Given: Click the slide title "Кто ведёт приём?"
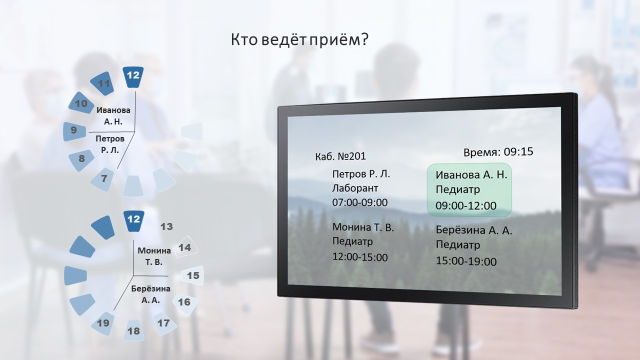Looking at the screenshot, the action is tap(299, 39).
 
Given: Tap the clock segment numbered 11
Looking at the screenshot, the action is tap(102, 83).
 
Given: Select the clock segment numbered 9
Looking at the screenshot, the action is tap(74, 131).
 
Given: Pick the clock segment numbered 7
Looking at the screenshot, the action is tap(103, 179).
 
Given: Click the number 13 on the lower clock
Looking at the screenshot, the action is tap(166, 226).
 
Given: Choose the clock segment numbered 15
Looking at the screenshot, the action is tap(192, 275).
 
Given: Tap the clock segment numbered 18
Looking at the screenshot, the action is tap(133, 330).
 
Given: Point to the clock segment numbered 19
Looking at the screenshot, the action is tap(103, 323).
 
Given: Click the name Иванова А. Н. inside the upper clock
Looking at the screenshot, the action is tap(113, 115).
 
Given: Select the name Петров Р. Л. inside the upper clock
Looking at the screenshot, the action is tap(110, 144).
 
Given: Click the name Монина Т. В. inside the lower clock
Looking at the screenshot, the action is tap(154, 256).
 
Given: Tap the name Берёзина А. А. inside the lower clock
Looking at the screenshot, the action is tap(150, 294).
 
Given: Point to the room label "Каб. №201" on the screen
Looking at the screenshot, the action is tap(340, 156).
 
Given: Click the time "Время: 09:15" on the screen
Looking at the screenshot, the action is tap(498, 151).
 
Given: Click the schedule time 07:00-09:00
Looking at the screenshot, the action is tap(359, 202).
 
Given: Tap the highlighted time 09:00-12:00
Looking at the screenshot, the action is tap(466, 205).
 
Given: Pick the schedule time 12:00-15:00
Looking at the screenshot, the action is tap(360, 257).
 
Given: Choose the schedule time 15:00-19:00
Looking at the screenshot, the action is tap(466, 261).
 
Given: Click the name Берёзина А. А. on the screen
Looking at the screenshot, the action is tap(474, 230).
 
